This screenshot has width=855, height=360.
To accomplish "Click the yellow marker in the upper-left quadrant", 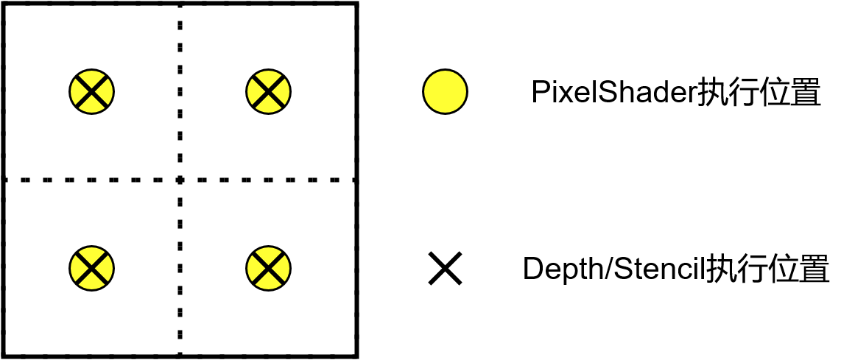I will (92, 92).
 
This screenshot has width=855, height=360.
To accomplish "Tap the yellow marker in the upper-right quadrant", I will (268, 92).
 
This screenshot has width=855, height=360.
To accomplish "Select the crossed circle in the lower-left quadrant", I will (92, 267).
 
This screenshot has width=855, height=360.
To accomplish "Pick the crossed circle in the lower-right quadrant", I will (268, 267).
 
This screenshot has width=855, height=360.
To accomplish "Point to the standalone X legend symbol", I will (445, 269).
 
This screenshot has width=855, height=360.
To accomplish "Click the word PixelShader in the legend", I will (614, 93).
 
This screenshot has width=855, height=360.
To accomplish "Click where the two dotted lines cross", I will (180, 179).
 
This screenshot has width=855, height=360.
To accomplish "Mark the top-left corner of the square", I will (4, 4).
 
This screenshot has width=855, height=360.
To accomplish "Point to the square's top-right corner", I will (356, 4).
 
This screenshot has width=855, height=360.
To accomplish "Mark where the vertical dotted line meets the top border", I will (180, 4).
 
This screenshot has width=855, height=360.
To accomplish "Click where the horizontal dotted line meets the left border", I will (4, 179).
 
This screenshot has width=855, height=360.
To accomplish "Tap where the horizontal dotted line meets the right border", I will (356, 179).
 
